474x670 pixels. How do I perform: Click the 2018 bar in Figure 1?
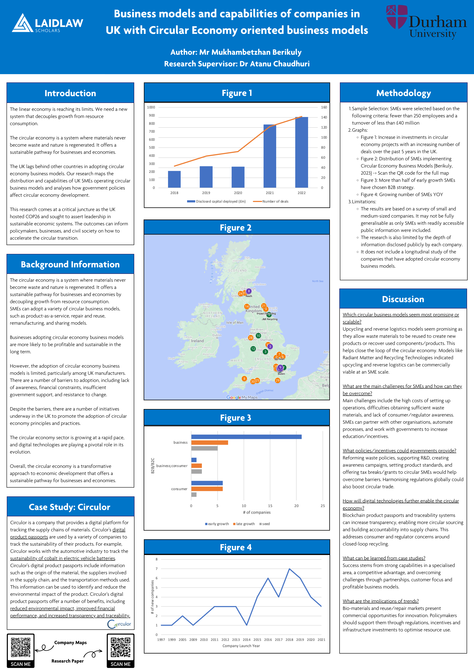(x=174, y=179)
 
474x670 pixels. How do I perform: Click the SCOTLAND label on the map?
(x=237, y=271)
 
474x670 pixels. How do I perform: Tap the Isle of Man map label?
(x=235, y=322)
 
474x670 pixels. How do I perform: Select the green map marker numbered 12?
(x=253, y=349)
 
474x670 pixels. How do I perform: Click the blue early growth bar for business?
(x=246, y=437)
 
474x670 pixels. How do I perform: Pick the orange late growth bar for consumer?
(x=207, y=489)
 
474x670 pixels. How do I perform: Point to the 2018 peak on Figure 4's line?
(x=289, y=569)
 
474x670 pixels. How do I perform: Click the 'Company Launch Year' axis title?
(x=241, y=646)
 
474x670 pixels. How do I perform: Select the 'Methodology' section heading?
(x=403, y=93)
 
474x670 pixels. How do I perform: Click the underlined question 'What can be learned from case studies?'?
(x=384, y=558)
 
